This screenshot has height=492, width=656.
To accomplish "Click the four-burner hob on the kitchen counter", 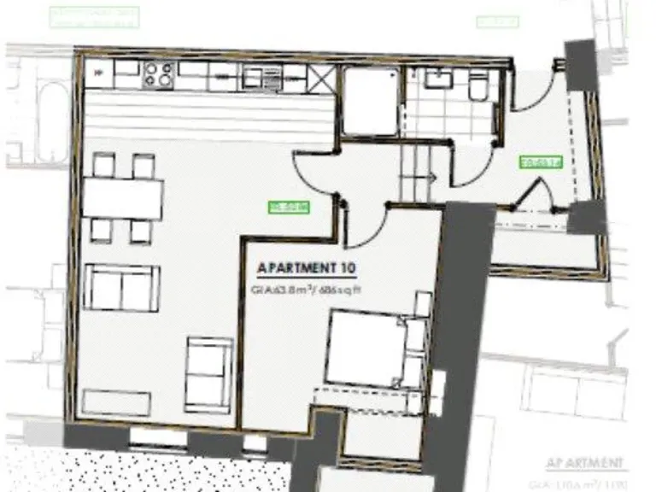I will [x=158, y=74].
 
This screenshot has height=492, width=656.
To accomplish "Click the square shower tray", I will [x=371, y=101].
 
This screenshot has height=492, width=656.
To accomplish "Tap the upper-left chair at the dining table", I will [x=104, y=165].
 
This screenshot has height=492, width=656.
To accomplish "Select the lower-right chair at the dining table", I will [x=142, y=231].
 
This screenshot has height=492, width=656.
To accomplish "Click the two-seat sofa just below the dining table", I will [x=123, y=287].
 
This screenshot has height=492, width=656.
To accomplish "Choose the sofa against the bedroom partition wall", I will [x=209, y=372].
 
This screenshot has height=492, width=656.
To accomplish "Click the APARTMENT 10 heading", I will [x=307, y=268].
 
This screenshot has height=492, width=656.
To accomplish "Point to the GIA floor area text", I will [x=307, y=289].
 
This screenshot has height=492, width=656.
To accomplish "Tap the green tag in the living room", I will [x=289, y=207].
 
